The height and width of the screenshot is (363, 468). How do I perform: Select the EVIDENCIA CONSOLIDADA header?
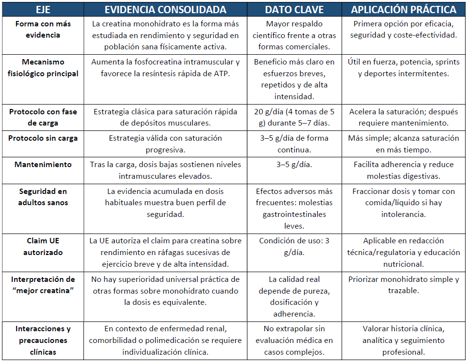click(166, 10)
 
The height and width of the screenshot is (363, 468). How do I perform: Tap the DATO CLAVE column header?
click(294, 10)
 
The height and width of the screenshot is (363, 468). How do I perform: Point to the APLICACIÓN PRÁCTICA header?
click(404, 10)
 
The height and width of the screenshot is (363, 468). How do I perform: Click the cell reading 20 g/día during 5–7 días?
click(294, 118)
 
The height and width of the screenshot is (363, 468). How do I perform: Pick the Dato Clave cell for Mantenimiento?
click(294, 165)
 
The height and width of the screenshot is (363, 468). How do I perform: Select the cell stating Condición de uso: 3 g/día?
click(294, 247)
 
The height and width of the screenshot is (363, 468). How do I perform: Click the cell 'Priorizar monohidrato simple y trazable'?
click(404, 285)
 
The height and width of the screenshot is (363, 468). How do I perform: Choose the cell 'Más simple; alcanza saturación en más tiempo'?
click(404, 144)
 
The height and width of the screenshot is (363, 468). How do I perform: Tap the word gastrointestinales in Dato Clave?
click(294, 214)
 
